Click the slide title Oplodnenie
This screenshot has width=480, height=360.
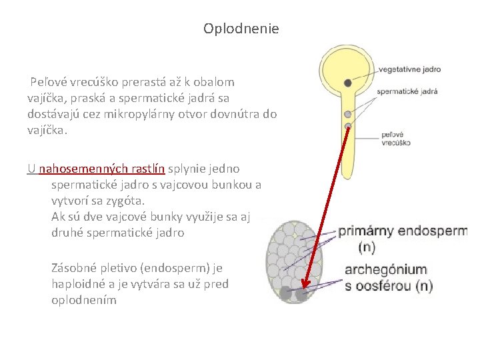click(241, 29)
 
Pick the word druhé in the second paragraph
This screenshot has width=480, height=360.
click(70, 233)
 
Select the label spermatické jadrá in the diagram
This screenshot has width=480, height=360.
click(407, 92)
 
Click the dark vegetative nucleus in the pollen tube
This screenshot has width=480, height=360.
click(348, 83)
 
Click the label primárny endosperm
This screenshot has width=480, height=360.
click(403, 232)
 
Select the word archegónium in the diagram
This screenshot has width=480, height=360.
click(385, 270)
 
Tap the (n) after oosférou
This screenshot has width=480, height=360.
click(422, 287)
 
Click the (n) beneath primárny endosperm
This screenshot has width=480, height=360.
click(367, 248)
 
